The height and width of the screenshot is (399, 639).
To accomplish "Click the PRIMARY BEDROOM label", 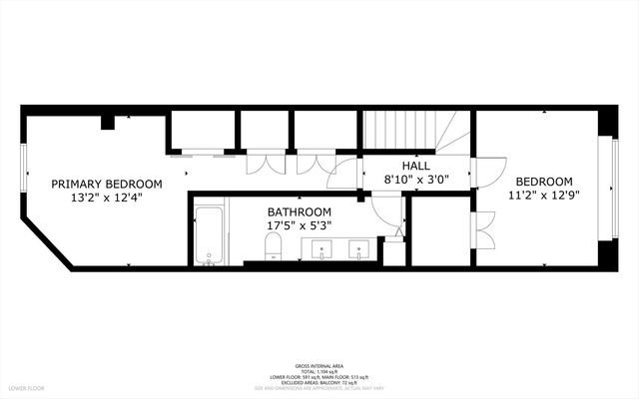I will click(107, 184).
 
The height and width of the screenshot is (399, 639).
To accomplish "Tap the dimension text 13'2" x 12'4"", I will click(107, 198).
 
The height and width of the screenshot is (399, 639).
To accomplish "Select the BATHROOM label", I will click(299, 212).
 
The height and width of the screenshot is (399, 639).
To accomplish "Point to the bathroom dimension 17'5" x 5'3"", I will click(299, 226).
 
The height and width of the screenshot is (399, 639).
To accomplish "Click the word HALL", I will click(416, 165).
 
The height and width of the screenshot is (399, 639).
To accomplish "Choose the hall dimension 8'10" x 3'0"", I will click(416, 180).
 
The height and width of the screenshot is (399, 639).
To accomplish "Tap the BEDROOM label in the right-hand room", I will click(544, 182).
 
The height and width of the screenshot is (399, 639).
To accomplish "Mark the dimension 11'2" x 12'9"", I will click(544, 196).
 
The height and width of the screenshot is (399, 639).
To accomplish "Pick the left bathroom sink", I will click(322, 249).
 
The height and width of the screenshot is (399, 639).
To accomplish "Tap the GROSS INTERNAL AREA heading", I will click(319, 365).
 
